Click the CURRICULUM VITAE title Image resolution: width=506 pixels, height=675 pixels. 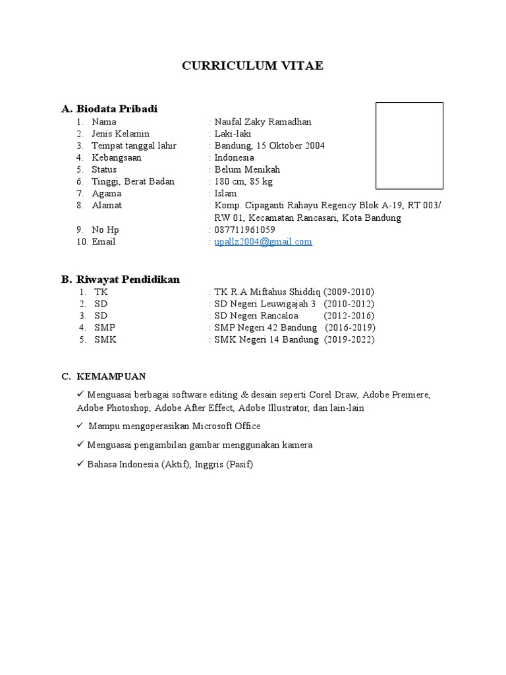tap(253, 66)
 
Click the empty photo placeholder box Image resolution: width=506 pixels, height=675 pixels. tap(409, 146)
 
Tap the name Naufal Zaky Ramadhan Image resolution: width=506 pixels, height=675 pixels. tap(263, 122)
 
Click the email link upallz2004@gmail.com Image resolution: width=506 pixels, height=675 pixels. tap(263, 242)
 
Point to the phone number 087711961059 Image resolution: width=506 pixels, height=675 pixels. tap(245, 230)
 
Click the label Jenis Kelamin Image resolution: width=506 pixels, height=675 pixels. tap(121, 134)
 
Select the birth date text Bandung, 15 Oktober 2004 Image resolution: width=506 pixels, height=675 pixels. tap(269, 146)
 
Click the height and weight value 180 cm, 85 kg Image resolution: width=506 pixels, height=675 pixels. tap(244, 181)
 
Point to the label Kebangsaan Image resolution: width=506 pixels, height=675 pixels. tap(117, 158)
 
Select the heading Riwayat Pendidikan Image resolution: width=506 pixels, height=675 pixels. tap(128, 279)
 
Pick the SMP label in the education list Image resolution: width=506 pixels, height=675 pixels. tap(105, 328)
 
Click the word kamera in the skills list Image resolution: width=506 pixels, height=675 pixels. tap(298, 445)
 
